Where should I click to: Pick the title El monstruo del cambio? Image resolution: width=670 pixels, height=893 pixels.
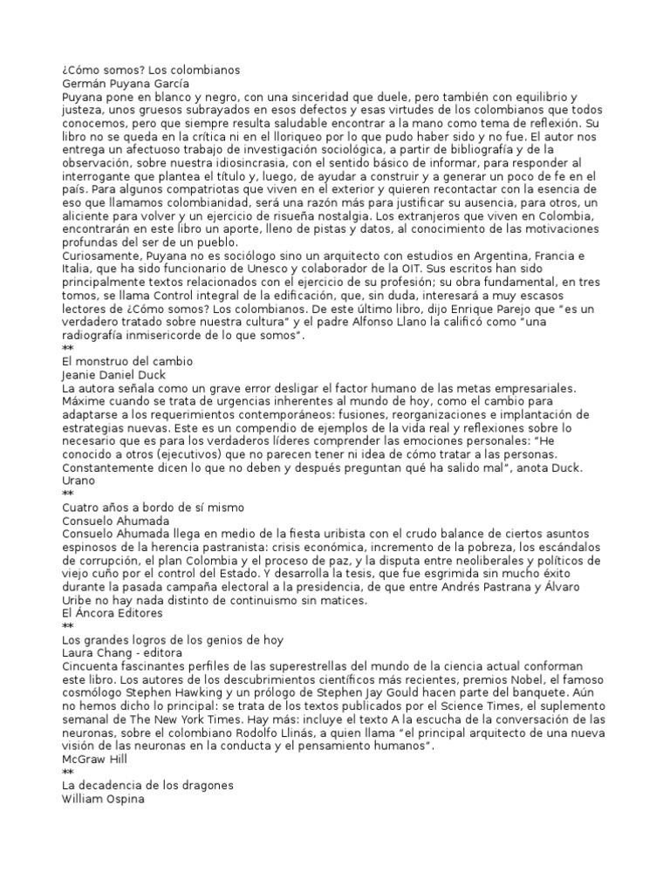[x=127, y=360]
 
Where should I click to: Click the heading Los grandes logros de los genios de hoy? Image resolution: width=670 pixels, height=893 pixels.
[x=172, y=640]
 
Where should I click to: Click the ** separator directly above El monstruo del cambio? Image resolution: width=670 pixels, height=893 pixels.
[x=68, y=347]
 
